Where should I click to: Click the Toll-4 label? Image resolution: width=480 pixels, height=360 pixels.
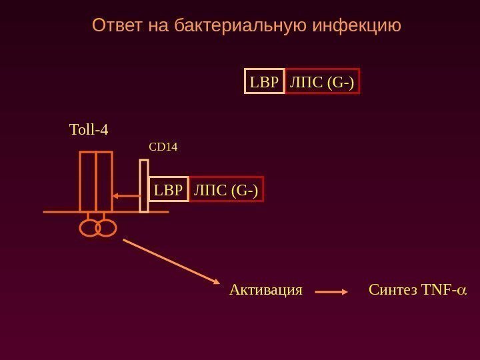point(89,129)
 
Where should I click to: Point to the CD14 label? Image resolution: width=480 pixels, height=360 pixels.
point(163,145)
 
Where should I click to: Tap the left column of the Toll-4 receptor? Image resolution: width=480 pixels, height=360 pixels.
point(87,181)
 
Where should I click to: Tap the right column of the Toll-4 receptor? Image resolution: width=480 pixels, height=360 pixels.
point(104,181)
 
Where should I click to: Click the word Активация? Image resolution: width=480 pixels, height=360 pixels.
point(265,291)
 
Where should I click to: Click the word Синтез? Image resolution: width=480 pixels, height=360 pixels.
point(391,291)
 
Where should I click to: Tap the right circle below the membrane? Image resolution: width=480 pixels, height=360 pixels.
point(106,228)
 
